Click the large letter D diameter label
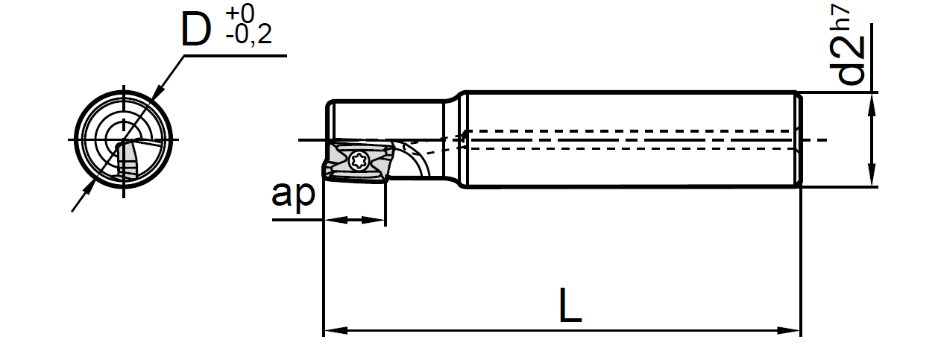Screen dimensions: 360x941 coord(196,30)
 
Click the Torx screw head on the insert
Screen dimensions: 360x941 coord(356,160)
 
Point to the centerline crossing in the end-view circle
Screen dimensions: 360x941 coord(124,140)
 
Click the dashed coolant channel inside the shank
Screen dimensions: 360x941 coord(634,139)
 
